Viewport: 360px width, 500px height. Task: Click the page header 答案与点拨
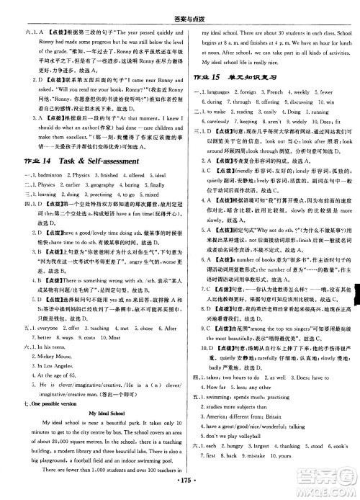click(180, 8)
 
